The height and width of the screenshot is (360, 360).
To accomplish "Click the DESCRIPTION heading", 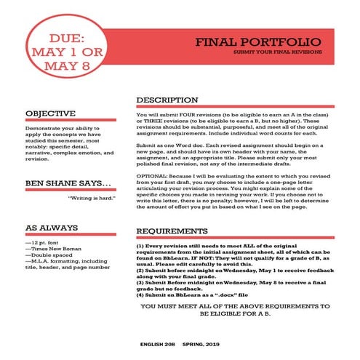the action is pos(167,99).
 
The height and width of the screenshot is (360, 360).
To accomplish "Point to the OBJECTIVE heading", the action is pos(50,113).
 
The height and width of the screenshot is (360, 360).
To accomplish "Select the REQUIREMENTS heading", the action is pos(173,231).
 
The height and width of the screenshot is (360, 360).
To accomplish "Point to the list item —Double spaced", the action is pos(49,256).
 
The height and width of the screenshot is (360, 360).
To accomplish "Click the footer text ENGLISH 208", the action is pos(159,342).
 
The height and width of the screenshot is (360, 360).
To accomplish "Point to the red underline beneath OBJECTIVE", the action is pos(70,121).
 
